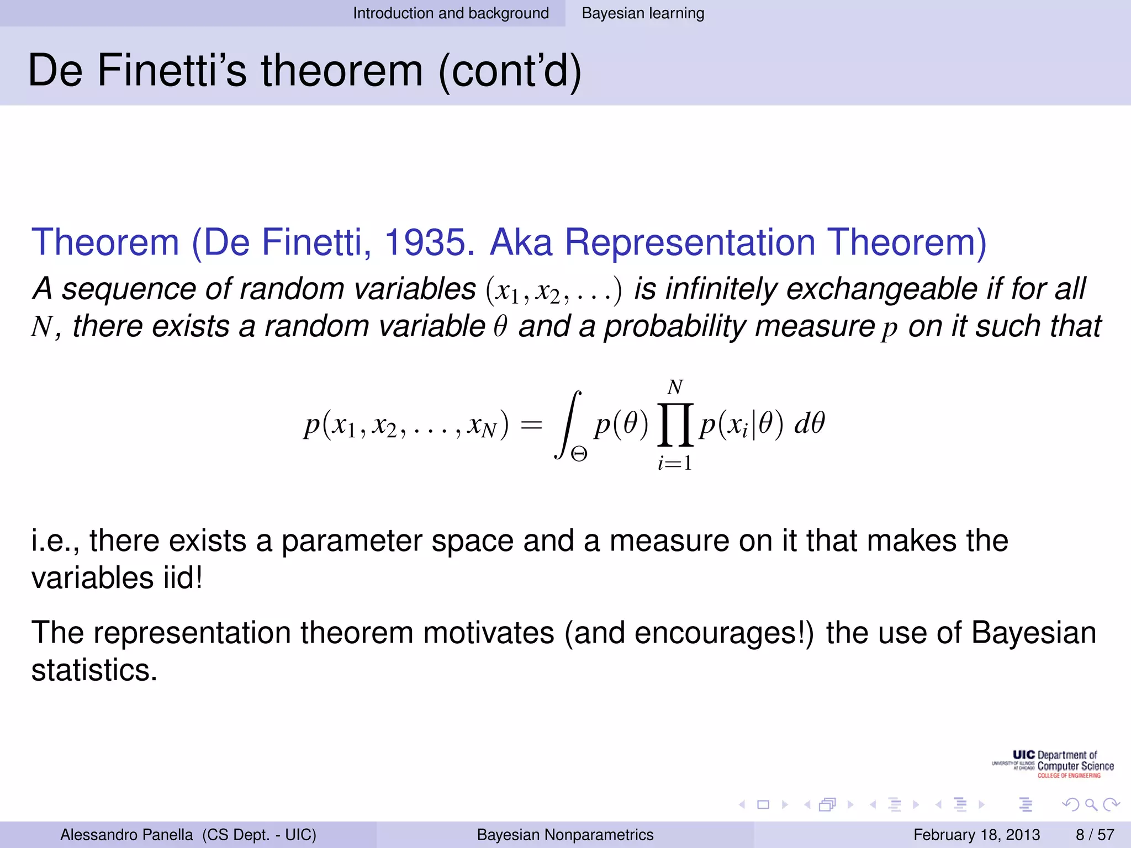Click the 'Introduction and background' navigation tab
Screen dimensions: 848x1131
451,13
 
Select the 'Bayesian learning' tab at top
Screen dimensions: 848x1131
643,13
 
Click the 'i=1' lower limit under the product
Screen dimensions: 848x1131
675,463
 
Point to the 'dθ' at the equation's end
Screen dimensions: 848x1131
809,424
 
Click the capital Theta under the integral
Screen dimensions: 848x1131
579,454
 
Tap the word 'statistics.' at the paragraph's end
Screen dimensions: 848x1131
94,670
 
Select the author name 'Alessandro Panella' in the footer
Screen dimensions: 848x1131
126,835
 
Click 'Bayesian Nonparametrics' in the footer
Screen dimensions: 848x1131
565,835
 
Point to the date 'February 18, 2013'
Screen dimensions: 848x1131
976,835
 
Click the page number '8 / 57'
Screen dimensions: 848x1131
1095,835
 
